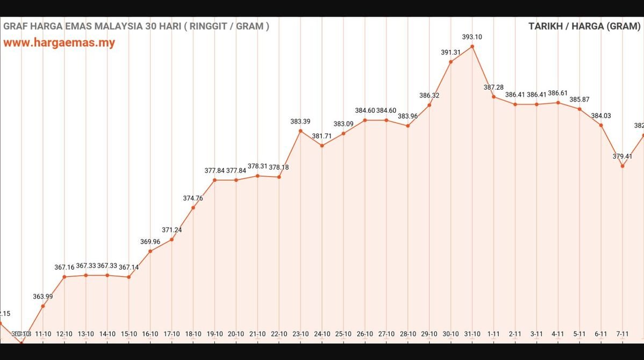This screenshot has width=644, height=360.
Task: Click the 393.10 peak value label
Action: click(x=472, y=37)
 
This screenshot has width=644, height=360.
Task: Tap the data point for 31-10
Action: click(x=472, y=47)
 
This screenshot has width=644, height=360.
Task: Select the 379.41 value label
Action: click(x=622, y=156)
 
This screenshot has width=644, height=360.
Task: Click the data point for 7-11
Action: click(x=622, y=166)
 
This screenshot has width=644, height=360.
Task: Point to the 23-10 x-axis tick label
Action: click(x=300, y=334)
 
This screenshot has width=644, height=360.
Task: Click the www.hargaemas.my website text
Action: click(x=59, y=43)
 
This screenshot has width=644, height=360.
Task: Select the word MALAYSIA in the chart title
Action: click(x=115, y=26)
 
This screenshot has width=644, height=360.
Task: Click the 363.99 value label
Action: click(x=43, y=297)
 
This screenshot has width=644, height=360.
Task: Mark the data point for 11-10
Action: click(x=43, y=306)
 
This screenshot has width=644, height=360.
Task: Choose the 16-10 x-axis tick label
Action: click(x=150, y=334)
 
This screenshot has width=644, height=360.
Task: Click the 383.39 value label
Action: click(x=300, y=121)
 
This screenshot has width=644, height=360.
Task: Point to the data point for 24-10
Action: click(x=322, y=146)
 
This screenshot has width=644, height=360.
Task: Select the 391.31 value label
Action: click(x=450, y=52)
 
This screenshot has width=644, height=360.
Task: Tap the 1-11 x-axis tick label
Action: click(x=493, y=334)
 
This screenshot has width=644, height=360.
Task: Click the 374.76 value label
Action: click(x=193, y=198)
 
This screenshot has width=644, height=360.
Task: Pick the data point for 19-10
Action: click(x=214, y=180)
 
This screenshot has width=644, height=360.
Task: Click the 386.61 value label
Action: click(x=558, y=93)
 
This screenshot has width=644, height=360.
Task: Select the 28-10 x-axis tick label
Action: click(x=407, y=334)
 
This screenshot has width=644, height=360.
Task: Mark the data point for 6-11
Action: click(x=601, y=125)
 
